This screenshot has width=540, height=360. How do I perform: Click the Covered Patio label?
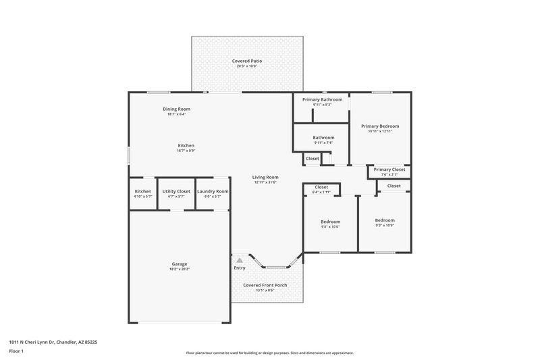point(247,61)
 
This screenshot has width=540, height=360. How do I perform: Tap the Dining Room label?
point(176,109)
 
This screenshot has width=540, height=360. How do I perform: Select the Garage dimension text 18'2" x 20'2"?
point(180,269)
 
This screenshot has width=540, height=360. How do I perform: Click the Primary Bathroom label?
point(322,99)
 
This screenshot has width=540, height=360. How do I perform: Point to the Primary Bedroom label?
point(380,126)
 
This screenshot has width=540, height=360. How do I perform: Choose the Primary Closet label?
point(389,170)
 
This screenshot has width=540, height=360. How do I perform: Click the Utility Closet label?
point(176,191)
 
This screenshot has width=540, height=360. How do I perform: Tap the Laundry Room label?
point(213,191)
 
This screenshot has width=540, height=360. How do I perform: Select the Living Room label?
point(266,177)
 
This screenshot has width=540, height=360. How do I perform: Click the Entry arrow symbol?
point(239,259)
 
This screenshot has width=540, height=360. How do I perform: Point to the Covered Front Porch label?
point(265,285)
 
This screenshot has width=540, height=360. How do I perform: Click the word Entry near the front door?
point(240,268)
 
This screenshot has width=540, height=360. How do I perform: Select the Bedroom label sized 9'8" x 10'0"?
point(330,222)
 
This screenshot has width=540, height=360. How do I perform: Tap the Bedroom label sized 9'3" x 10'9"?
point(385,220)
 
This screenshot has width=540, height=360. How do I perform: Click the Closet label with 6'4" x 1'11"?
point(321,187)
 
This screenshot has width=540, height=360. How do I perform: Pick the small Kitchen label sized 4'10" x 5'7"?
point(143,191)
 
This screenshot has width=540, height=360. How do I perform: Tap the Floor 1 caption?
point(17,351)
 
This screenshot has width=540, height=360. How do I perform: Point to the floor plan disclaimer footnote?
point(270,353)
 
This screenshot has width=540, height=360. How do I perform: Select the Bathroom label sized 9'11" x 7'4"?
point(323,138)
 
